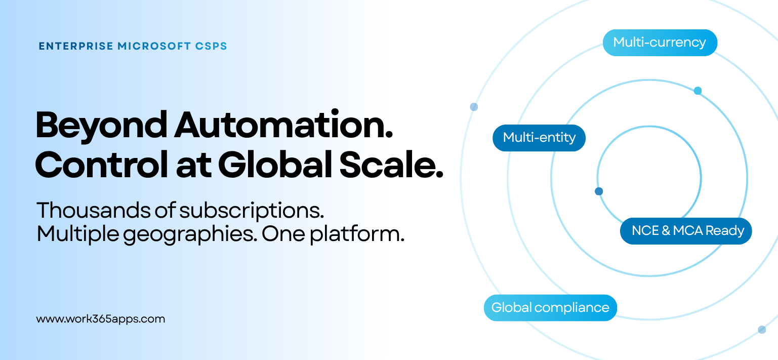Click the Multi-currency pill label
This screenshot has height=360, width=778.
tap(660, 43)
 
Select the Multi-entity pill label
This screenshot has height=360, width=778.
tap(539, 138)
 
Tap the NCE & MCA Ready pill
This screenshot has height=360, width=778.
tap(686, 231)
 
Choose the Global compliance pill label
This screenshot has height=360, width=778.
tap(551, 308)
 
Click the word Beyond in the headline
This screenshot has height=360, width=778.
tap(101, 126)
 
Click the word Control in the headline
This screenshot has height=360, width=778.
tap(101, 165)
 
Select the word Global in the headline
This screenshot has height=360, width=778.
tap(275, 165)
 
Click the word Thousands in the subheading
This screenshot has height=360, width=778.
tap(94, 210)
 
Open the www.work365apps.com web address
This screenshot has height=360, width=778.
tap(101, 319)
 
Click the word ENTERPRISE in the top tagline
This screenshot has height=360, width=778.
tap(76, 46)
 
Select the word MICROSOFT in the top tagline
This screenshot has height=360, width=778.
tap(154, 46)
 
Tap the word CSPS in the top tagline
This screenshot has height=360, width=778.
tap(211, 46)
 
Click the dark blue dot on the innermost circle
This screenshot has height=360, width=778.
tap(599, 191)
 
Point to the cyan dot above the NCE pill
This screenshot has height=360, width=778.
tap(698, 91)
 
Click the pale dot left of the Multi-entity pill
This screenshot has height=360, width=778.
tap(474, 107)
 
